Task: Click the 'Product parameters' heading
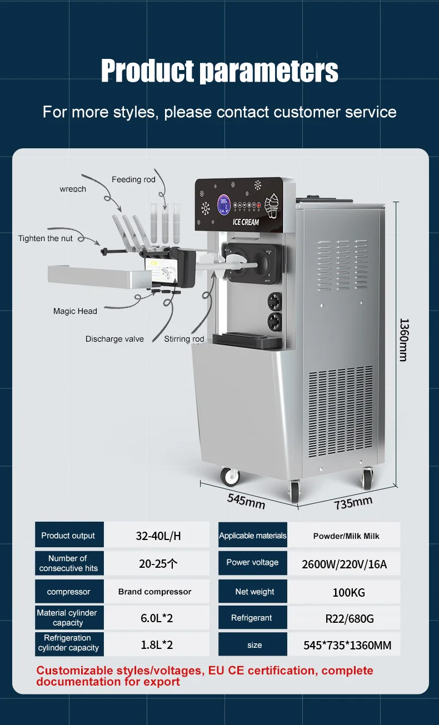tap(219, 71)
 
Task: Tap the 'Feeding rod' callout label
tap(133, 179)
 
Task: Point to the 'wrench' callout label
tap(73, 189)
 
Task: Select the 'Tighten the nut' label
tap(46, 238)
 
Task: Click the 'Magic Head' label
tap(75, 311)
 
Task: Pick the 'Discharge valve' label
tap(114, 339)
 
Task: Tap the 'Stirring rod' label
tap(184, 339)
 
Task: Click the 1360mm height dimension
tap(404, 339)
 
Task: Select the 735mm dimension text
tap(353, 502)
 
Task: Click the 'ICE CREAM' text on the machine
tap(245, 222)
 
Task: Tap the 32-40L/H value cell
tap(158, 536)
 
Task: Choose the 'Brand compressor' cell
tap(154, 592)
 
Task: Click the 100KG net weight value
tap(348, 592)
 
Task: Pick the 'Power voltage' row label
tap(252, 562)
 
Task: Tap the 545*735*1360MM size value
tap(347, 645)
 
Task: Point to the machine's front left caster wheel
tap(229, 476)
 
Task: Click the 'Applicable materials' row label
tap(253, 536)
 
